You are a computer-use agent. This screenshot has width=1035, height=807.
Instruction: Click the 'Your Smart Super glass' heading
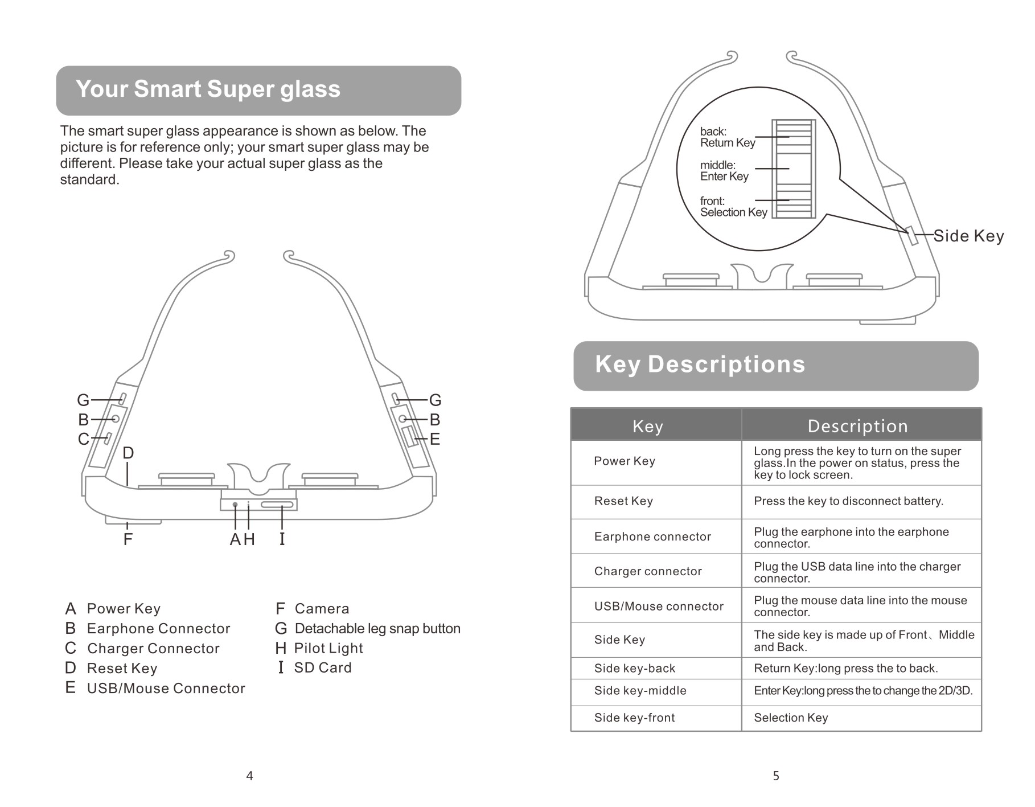[208, 89]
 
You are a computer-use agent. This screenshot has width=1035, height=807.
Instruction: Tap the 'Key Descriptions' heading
[700, 364]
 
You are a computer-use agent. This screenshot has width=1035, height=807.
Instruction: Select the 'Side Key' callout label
[968, 236]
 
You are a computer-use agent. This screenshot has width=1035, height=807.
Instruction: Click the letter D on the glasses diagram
[128, 453]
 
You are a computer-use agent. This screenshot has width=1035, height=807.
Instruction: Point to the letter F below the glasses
[128, 539]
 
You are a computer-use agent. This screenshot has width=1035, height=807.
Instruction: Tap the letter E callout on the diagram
[435, 439]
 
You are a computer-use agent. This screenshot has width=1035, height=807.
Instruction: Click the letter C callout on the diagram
[83, 439]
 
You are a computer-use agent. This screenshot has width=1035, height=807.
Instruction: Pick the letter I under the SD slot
[282, 539]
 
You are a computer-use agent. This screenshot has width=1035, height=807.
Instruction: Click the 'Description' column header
[857, 426]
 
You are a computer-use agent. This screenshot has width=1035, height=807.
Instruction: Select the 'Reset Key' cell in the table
[623, 501]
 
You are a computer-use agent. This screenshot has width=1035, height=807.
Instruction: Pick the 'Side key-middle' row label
[640, 691]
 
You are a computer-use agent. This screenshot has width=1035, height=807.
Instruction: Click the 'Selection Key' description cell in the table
[791, 718]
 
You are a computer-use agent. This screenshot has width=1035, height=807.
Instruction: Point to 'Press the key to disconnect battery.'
[848, 501]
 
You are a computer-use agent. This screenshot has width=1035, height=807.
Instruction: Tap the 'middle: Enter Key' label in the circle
[724, 171]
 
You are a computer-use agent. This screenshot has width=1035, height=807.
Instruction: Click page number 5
[776, 776]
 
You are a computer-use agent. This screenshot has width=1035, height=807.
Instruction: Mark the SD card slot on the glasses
[277, 505]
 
